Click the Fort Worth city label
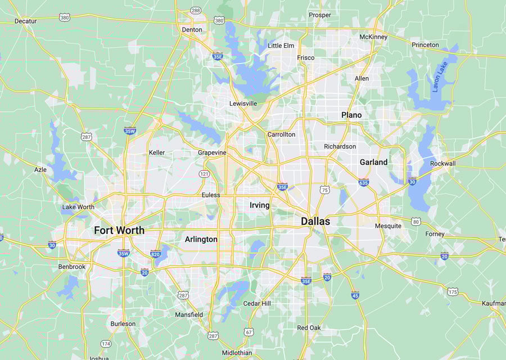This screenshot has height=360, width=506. (x=119, y=230)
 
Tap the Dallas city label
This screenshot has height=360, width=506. (x=315, y=221)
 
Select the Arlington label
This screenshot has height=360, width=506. (x=201, y=239)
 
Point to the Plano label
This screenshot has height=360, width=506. (x=351, y=115)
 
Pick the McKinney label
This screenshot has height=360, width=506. (x=373, y=37)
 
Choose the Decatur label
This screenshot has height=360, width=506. (x=25, y=21)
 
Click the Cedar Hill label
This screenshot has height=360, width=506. (x=256, y=304)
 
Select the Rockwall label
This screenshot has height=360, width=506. (x=442, y=163)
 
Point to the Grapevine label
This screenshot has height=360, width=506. (x=212, y=152)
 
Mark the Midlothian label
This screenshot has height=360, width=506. (x=237, y=353)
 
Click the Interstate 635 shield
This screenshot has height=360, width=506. (x=364, y=182)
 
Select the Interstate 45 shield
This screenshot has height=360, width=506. (x=355, y=295)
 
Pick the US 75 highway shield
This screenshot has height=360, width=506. (x=324, y=190)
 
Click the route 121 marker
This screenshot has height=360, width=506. (x=204, y=174)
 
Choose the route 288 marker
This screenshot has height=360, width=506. (x=196, y=10)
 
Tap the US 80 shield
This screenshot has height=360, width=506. (x=415, y=222)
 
